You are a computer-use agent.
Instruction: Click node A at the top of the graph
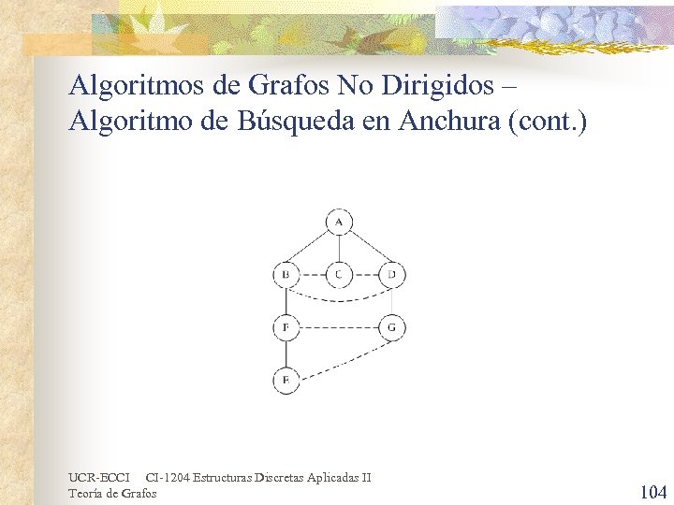[x=339, y=222]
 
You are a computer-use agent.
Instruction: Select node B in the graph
[x=286, y=275]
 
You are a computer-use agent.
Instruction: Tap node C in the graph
[x=339, y=275]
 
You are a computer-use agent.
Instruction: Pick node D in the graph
[x=392, y=275]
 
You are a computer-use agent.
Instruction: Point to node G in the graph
[x=392, y=328]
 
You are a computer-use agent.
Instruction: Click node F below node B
[x=286, y=328]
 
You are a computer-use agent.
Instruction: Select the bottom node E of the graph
[x=286, y=381]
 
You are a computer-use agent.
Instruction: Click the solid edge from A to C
[x=339, y=249]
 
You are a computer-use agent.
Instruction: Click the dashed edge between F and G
[x=339, y=328]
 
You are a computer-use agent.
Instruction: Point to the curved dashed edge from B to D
[x=339, y=300]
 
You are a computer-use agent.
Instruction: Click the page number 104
[x=652, y=492]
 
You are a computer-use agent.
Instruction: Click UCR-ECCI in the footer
[x=99, y=478]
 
